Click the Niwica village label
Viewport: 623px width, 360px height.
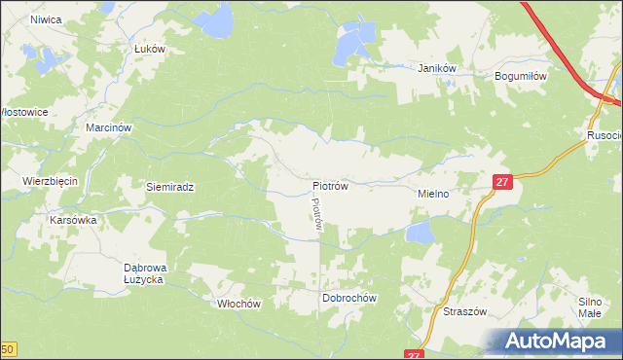[47, 19]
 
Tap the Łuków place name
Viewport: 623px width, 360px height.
[150, 49]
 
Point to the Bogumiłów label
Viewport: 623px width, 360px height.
[523, 75]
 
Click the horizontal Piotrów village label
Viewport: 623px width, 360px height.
[331, 184]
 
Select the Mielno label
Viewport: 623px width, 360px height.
[432, 194]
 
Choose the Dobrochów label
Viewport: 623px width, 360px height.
[349, 299]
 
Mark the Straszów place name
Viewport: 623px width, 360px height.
[465, 312]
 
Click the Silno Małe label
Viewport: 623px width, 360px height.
[590, 307]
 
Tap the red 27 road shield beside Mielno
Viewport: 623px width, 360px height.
[501, 182]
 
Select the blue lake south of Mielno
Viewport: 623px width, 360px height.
[421, 233]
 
